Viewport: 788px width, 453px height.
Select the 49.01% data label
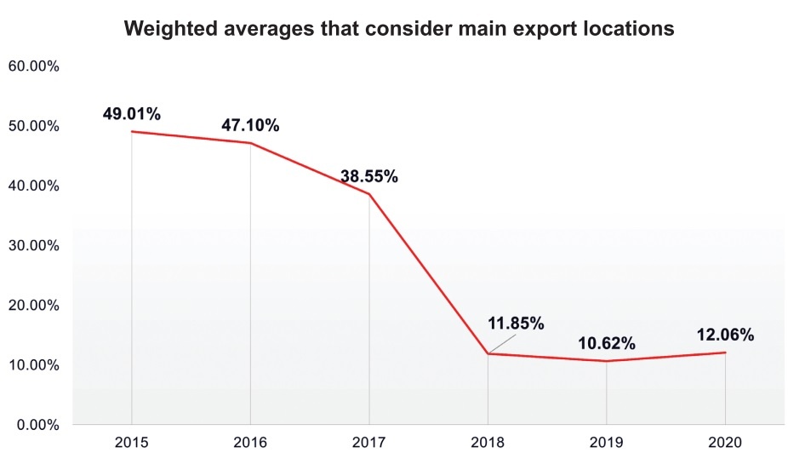click(x=132, y=112)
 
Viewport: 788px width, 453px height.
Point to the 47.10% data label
click(x=250, y=125)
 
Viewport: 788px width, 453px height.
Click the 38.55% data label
click(x=369, y=177)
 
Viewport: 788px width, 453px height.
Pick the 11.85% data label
click(x=516, y=324)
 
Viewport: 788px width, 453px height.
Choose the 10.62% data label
click(x=607, y=344)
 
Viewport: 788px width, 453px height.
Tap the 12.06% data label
click(x=725, y=335)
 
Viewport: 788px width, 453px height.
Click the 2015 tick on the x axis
click(x=132, y=441)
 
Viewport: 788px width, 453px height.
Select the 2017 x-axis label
click(x=369, y=441)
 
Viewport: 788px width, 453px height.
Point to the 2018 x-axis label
click(x=488, y=441)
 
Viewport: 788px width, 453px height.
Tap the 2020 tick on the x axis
click(x=725, y=441)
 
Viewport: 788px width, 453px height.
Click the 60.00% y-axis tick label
click(x=32, y=66)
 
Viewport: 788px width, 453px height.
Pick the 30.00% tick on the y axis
click(x=32, y=245)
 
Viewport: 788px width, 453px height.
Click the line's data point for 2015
click(x=132, y=131)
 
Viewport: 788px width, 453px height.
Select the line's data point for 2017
click(x=369, y=194)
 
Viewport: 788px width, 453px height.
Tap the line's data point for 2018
click(x=488, y=353)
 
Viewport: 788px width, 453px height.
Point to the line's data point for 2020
click(x=725, y=353)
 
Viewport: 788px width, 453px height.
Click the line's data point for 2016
click(x=250, y=143)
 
